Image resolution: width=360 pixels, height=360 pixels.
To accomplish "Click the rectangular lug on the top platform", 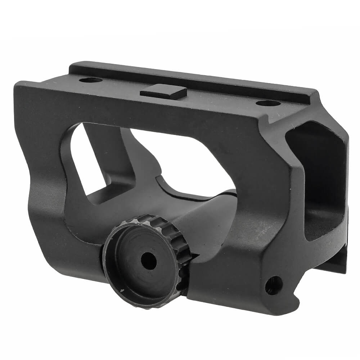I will (x=164, y=92).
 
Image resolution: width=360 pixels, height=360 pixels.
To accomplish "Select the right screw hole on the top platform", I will (x=268, y=104).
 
